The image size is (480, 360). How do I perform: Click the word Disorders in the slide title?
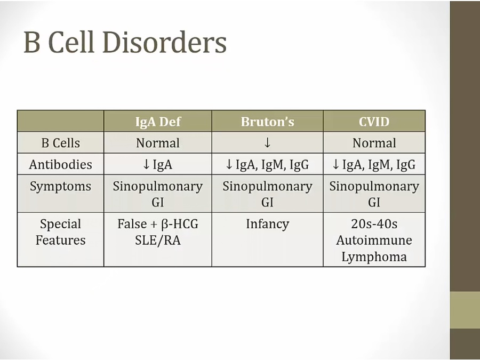pos(164,42)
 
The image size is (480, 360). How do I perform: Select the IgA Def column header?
pos(158,122)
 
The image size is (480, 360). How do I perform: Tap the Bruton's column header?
pos(267,122)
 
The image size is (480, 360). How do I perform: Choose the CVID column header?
pos(374,122)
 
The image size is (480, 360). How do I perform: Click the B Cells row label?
pos(61,143)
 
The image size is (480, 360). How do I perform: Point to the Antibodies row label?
pos(61,165)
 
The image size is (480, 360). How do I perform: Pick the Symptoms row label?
pos(61,187)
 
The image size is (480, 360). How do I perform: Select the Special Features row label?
pos(61,232)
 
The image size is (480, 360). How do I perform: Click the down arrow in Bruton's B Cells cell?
pos(267,142)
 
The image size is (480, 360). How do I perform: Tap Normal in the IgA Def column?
pos(158,143)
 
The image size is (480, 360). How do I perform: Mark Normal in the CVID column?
pos(374,143)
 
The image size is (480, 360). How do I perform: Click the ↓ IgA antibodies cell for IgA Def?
pos(158,165)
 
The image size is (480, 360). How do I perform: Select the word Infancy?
pos(267,225)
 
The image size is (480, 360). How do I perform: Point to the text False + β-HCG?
pos(158,224)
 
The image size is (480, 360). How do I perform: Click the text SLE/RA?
pos(158,241)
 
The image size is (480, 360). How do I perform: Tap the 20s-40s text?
pos(374,224)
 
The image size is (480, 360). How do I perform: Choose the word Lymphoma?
pos(374,257)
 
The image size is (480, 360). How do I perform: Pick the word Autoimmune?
pos(374,241)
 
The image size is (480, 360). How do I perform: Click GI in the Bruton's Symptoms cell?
pos(267,203)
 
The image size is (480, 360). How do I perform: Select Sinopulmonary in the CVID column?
pos(374,187)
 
